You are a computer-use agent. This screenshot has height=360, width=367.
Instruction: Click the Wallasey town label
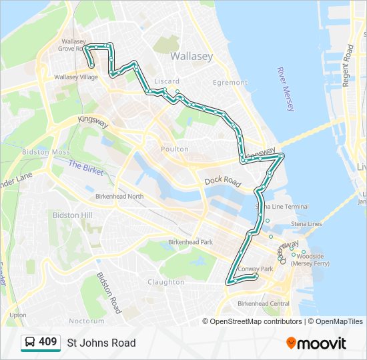point(192,57)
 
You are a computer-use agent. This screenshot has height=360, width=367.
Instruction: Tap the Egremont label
point(230,83)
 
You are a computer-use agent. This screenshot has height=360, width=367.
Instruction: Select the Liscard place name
point(167,81)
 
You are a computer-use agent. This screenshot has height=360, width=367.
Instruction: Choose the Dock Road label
point(222,181)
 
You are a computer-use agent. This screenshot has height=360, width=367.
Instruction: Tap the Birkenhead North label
point(119,197)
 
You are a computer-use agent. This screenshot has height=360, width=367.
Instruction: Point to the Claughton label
point(166,282)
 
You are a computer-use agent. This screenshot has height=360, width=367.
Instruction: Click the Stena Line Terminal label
point(287,207)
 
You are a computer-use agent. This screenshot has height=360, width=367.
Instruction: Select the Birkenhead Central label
point(265,304)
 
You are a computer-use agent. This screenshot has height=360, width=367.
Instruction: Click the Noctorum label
point(87,321)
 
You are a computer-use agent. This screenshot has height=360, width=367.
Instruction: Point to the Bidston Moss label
point(46,152)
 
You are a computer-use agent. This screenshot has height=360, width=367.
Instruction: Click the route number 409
point(48,342)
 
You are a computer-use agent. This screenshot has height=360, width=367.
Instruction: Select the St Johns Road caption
point(101,343)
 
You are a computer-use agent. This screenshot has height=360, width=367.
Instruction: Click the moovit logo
point(316,343)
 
